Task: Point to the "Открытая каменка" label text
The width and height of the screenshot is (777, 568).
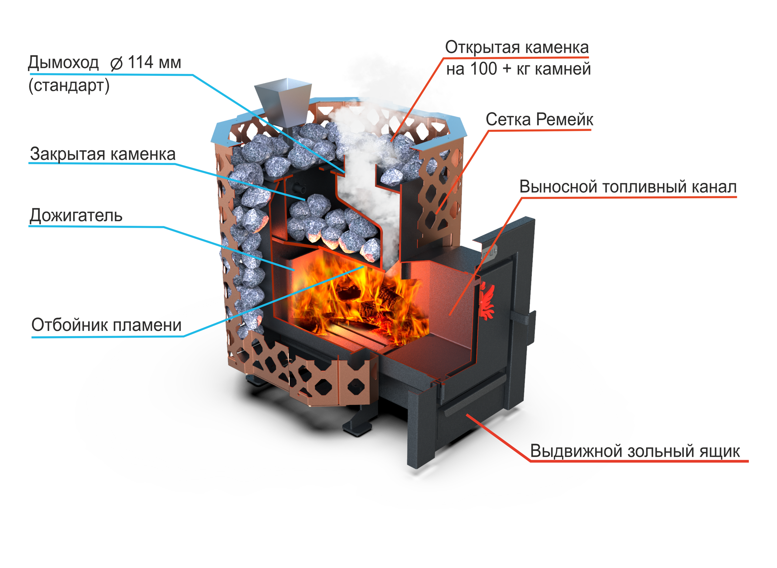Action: [x=516, y=49]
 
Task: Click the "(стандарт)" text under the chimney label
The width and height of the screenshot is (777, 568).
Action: [x=69, y=84]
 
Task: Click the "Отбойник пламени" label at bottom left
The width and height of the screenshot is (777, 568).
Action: [x=107, y=325]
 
